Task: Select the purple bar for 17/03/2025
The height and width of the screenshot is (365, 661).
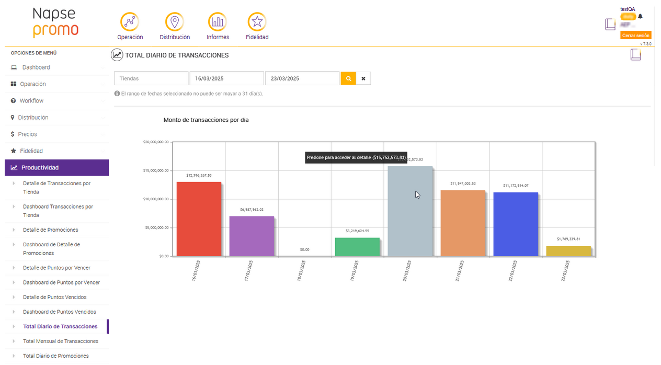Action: pos(252,236)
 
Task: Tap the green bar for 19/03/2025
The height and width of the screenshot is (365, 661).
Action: pos(357,247)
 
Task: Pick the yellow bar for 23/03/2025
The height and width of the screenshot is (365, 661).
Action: pos(568,251)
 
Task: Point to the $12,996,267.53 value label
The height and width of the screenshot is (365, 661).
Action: pos(199,175)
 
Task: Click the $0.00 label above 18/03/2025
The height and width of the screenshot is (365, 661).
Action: pos(304,249)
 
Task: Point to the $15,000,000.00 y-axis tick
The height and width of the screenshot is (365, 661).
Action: pos(156,170)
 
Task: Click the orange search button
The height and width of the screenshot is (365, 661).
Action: pos(348,78)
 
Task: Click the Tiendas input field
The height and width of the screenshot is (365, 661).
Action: pos(151,78)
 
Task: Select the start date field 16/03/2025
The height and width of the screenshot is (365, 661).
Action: pos(226,78)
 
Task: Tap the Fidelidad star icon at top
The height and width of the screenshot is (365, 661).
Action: pos(257,22)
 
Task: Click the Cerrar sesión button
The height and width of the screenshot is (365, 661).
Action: pos(635,36)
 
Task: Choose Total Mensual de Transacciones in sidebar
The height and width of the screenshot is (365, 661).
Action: pos(61,341)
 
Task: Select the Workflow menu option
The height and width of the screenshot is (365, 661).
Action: pos(31,101)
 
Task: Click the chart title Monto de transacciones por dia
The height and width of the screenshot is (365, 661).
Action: pos(206,120)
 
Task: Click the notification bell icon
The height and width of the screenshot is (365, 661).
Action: pos(640,16)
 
